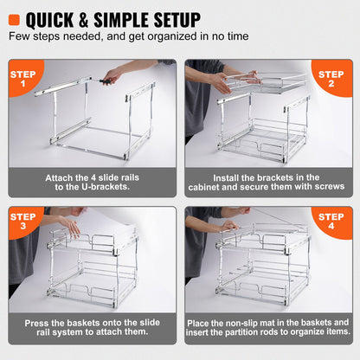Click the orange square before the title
pos(15,18)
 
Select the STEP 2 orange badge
pos(332,79)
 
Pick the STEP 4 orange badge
pos(332,222)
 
